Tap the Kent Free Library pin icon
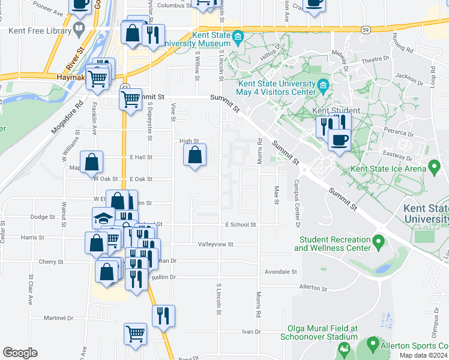tap(79, 28)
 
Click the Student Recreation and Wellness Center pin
tap(378, 242)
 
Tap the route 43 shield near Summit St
tap(124, 87)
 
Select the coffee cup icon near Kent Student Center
tap(339, 140)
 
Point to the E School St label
tap(241, 224)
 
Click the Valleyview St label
tap(215, 245)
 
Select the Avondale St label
tap(282, 272)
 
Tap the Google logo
tap(20, 353)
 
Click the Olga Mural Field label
tap(322, 332)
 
